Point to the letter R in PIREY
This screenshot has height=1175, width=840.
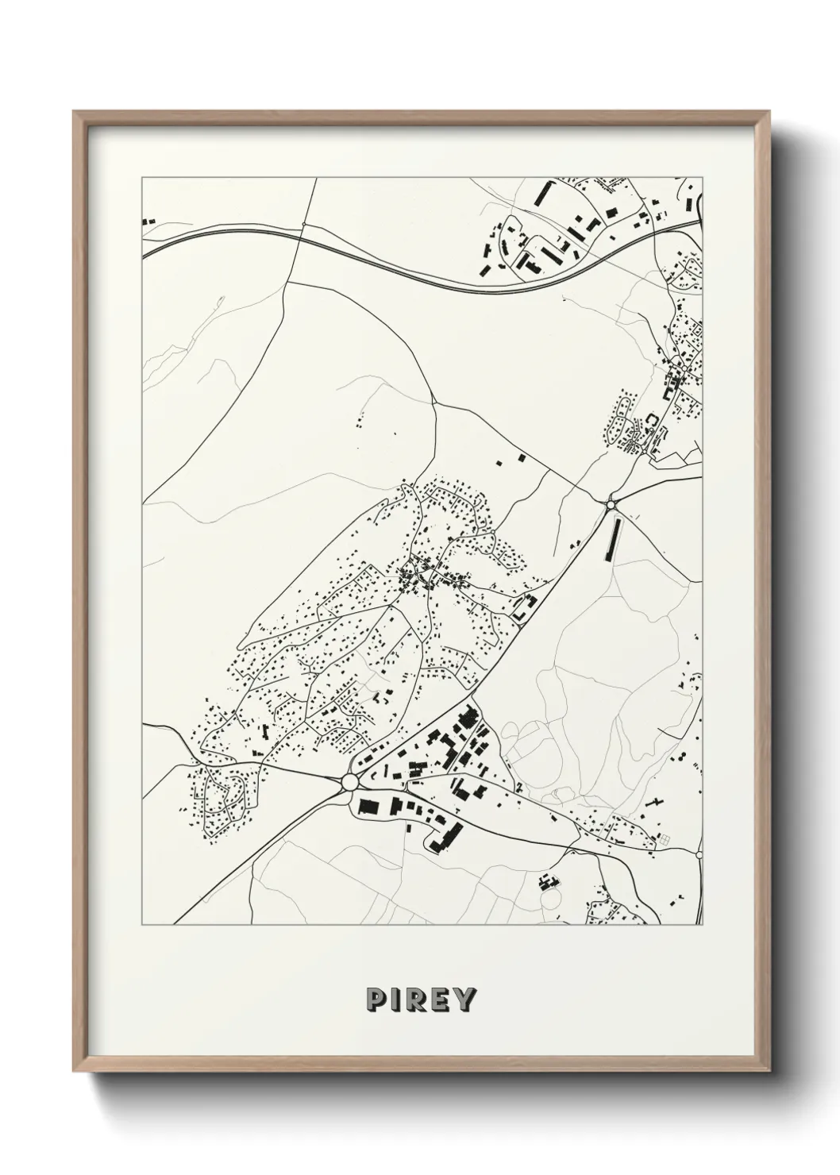click(414, 1000)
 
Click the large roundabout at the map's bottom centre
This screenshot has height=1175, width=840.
click(350, 783)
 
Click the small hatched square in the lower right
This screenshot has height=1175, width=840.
click(665, 840)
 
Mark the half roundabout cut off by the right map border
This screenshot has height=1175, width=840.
click(700, 854)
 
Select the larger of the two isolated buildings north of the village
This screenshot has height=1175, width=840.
click(520, 458)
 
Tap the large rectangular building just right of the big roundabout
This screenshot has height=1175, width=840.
click(368, 806)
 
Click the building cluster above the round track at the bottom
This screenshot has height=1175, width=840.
click(545, 881)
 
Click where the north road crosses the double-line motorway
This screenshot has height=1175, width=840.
click(302, 229)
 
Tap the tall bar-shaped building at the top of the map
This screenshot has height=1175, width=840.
click(543, 194)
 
